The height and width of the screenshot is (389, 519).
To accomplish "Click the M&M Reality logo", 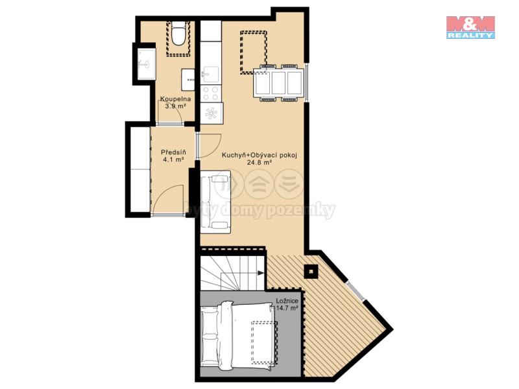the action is [x=470, y=27].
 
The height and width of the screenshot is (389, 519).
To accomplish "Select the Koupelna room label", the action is [x=175, y=99].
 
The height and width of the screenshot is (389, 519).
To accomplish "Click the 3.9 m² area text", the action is [x=175, y=106].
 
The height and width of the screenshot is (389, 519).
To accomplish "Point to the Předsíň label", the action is [x=173, y=152].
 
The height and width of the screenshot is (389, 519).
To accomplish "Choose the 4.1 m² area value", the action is [x=173, y=159].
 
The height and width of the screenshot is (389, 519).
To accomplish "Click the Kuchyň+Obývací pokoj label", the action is [x=259, y=155].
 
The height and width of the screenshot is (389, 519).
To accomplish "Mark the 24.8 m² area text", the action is [x=259, y=163].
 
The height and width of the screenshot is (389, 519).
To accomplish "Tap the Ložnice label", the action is [x=287, y=301].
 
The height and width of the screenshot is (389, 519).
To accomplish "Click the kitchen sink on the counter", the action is [x=210, y=75].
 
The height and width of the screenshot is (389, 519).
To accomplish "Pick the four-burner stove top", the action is [x=210, y=93].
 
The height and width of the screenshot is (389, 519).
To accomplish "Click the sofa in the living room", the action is [x=215, y=202].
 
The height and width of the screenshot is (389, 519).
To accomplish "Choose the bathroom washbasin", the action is [x=187, y=80].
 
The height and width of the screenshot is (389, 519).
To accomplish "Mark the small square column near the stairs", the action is [x=311, y=272].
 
